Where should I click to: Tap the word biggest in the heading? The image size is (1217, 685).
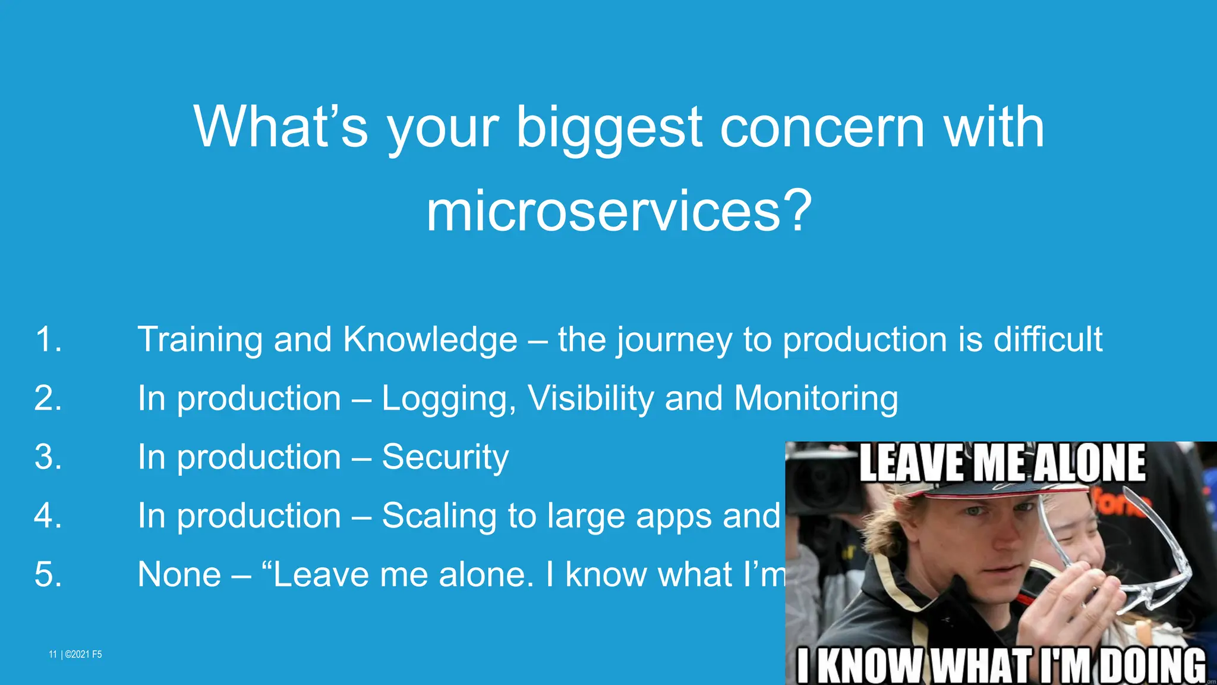[609, 128]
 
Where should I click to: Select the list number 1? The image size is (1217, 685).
[48, 340]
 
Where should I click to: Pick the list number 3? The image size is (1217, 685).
[48, 457]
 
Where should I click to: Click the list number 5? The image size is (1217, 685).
[48, 574]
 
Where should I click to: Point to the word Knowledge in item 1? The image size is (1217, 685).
[430, 340]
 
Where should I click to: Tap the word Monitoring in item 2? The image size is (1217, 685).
[816, 398]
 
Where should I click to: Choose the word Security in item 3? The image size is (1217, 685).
[445, 457]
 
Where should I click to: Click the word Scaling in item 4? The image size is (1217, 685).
[440, 516]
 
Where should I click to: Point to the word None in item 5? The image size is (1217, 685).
[179, 574]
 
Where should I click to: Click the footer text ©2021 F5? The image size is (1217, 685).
[83, 655]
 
